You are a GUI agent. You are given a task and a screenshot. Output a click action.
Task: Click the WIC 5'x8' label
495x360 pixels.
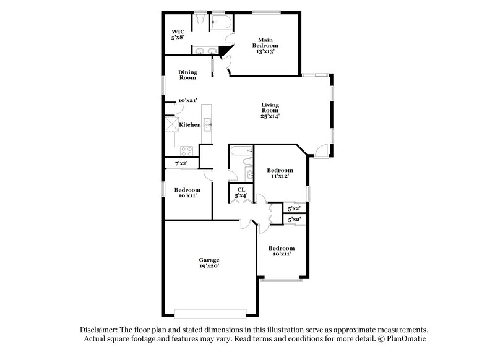179,35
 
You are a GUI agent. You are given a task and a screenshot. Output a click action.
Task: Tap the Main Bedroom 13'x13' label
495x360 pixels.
268,46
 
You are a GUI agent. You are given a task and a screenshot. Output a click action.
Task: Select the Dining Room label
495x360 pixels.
187,75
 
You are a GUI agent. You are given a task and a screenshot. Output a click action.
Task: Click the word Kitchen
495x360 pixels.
190,125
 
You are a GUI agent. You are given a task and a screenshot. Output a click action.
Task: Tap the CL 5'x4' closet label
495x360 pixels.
241,192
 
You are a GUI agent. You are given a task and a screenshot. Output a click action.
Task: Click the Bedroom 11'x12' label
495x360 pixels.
279,173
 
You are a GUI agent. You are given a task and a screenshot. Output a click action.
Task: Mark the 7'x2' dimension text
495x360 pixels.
181,163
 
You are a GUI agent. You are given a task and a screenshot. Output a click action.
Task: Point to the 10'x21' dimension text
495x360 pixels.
187,100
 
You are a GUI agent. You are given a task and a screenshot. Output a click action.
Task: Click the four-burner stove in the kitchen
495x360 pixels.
186,151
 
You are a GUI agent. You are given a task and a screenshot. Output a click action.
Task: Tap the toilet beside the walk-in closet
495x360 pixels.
200,21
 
